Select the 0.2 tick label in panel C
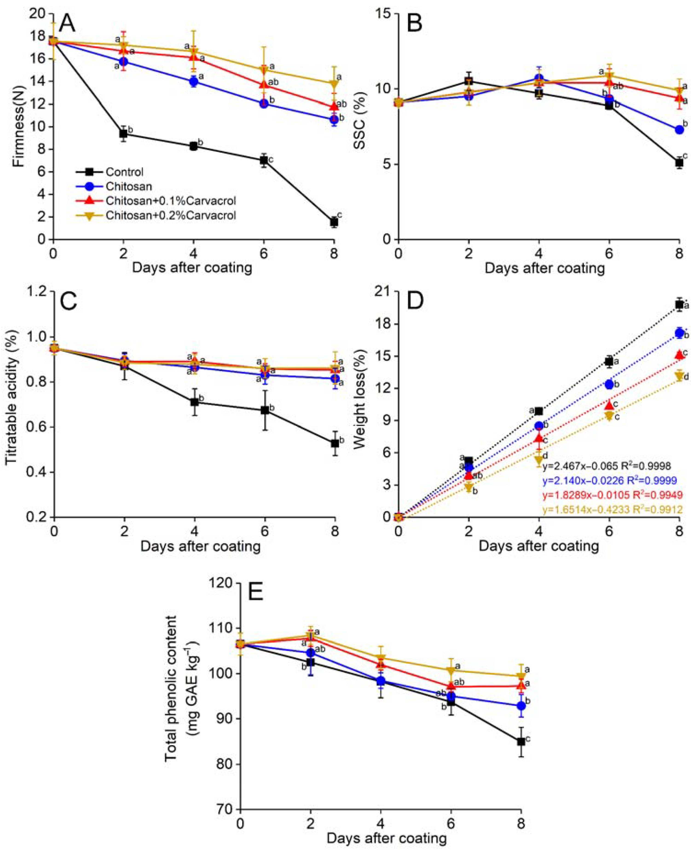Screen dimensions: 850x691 [37, 517]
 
